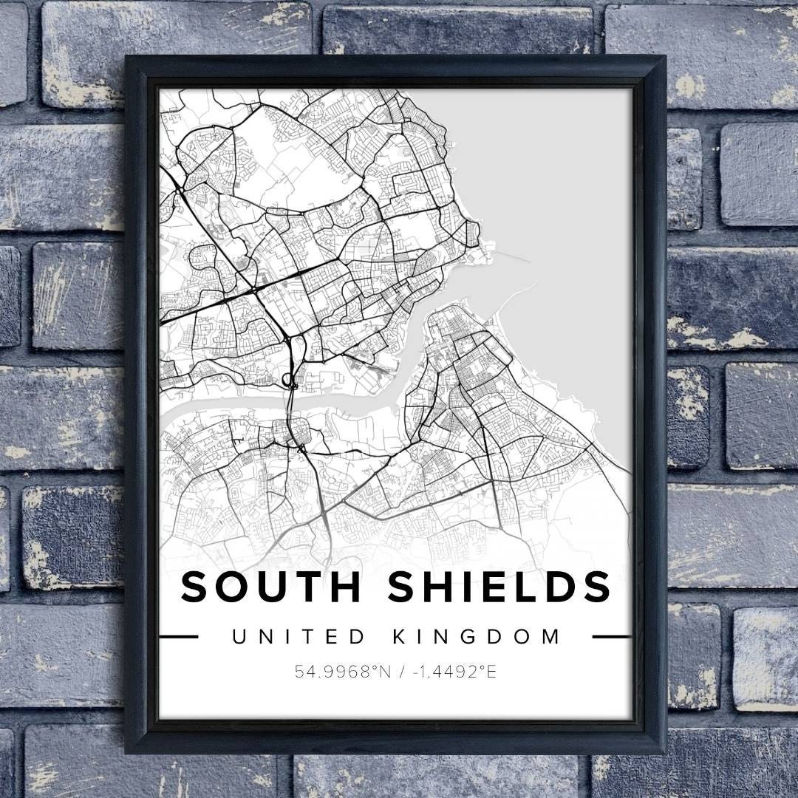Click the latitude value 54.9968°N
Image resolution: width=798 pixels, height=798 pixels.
(342, 672)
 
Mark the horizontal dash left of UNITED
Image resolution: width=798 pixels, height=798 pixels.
(178, 636)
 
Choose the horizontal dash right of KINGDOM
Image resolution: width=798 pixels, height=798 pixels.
(612, 636)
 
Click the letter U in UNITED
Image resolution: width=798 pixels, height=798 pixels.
(239, 636)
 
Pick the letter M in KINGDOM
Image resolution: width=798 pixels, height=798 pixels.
(551, 636)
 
